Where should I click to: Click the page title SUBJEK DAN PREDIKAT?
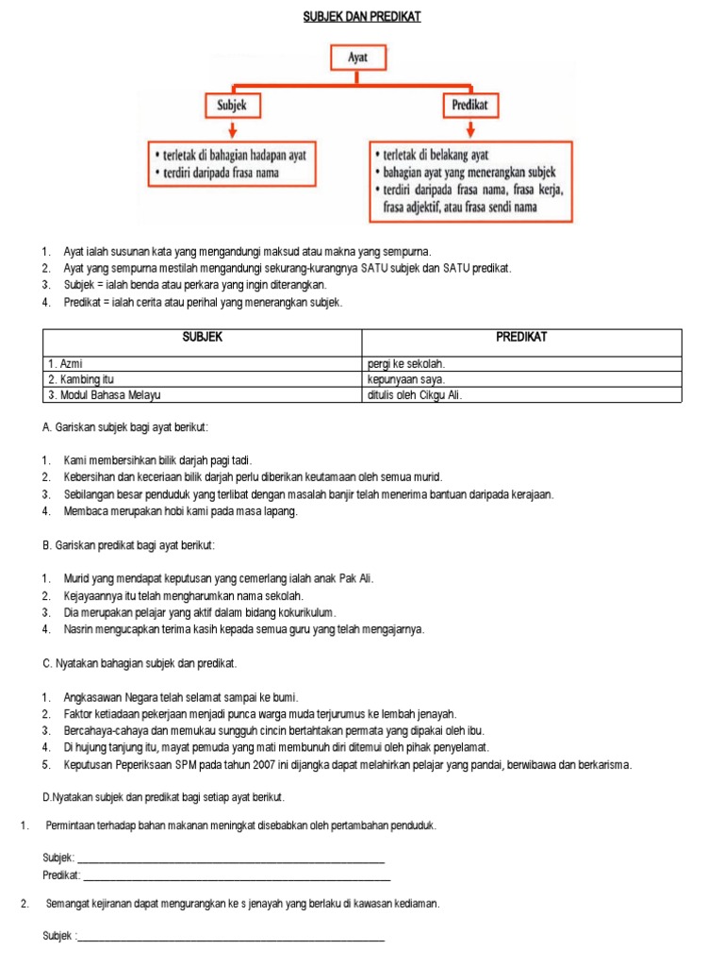(x=361, y=17)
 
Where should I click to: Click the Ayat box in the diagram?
(x=358, y=58)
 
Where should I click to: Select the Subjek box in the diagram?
(x=232, y=105)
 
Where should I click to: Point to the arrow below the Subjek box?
(x=232, y=129)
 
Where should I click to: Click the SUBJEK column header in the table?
(x=203, y=337)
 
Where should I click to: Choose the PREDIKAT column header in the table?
(x=521, y=337)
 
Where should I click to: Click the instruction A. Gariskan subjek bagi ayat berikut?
(x=125, y=427)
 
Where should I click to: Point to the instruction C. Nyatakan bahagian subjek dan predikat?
(x=140, y=663)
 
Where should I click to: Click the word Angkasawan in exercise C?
(x=95, y=697)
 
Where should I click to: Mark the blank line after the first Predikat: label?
(x=237, y=876)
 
